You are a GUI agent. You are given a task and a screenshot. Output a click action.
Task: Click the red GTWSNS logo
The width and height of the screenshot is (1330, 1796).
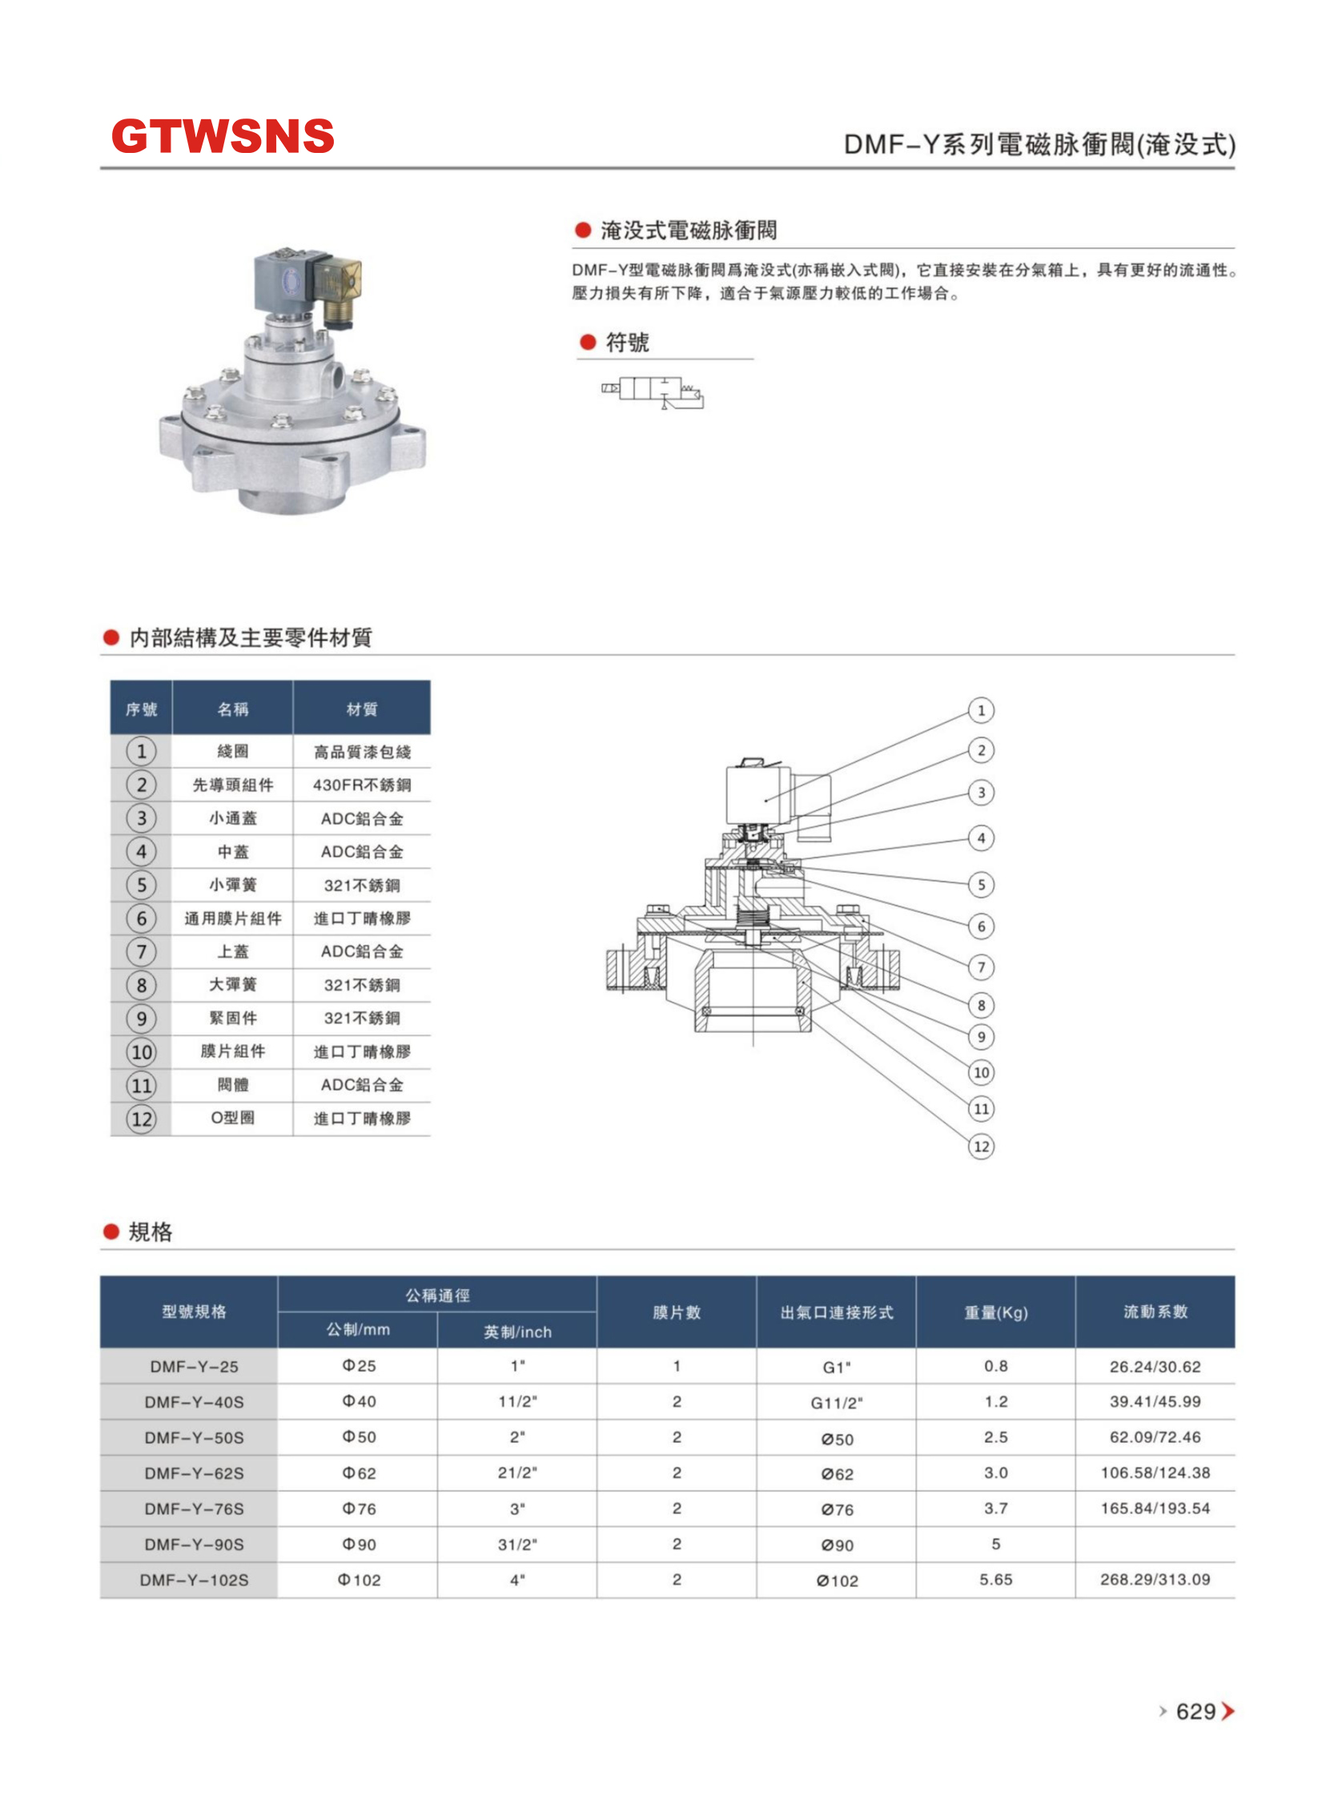[x=223, y=135]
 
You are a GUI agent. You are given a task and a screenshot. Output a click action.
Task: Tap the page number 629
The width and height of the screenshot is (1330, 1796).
[x=1195, y=1710]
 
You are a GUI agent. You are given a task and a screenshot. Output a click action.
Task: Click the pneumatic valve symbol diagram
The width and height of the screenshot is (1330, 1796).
[x=652, y=392]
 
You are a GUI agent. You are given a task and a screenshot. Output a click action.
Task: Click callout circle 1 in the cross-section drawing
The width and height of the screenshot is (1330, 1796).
[x=981, y=710]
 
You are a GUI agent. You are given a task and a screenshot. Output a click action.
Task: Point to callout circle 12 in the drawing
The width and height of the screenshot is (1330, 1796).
[x=981, y=1147]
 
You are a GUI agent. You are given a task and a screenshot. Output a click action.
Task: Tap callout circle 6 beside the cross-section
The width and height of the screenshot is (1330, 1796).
[x=981, y=926]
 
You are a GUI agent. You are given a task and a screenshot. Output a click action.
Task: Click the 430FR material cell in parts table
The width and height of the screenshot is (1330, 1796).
[x=361, y=785]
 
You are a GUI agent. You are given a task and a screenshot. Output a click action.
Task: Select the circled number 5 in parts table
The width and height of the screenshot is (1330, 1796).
[x=141, y=885]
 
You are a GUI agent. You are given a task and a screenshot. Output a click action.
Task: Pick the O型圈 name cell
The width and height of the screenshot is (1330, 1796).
[x=233, y=1117]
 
